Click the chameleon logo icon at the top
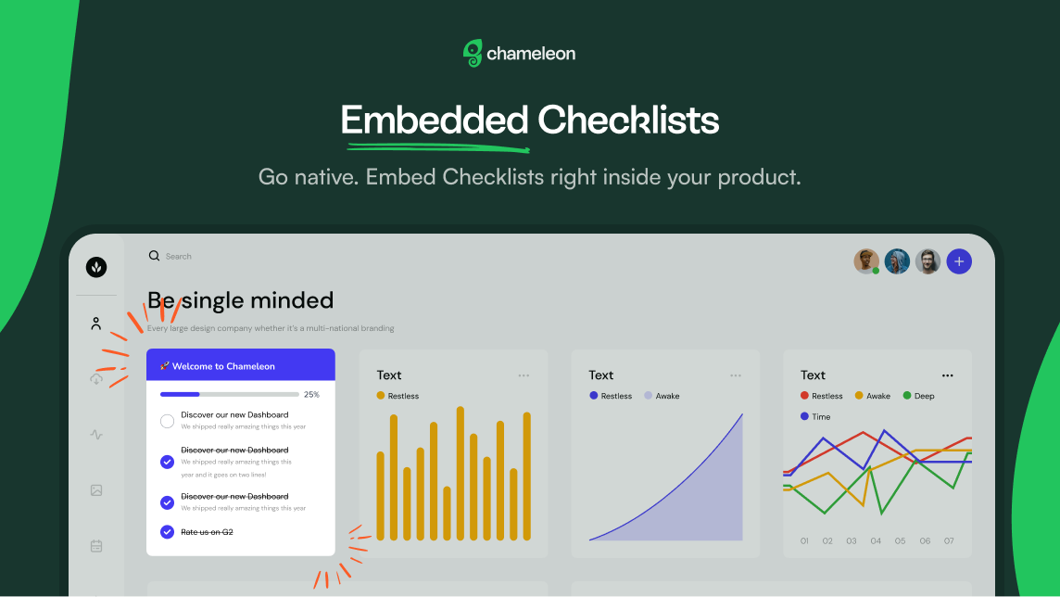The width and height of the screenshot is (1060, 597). [x=473, y=53]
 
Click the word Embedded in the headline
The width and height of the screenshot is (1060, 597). [x=434, y=121]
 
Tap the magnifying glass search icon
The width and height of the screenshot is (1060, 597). [x=154, y=256]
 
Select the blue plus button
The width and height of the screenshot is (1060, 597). [x=959, y=261]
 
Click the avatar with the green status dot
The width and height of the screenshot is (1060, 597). [x=866, y=261]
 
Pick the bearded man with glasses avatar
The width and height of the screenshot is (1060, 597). [x=927, y=261]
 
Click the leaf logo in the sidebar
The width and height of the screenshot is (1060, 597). [x=96, y=267]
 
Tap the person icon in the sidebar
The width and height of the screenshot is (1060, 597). [x=96, y=324]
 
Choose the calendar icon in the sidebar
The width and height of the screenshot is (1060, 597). [x=96, y=546]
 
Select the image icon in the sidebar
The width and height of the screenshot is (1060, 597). [x=96, y=490]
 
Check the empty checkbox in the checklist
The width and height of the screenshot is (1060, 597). [x=167, y=421]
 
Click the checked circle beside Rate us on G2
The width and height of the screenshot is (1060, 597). [x=167, y=532]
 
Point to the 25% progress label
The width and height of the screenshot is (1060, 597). [x=311, y=394]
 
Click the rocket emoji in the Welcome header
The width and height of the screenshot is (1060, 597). [x=164, y=366]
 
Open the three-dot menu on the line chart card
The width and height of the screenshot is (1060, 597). [x=947, y=375]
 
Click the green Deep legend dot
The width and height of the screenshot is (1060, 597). [x=907, y=396]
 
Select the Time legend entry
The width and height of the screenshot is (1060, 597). [x=815, y=416]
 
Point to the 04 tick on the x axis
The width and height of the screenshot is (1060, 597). [x=876, y=540]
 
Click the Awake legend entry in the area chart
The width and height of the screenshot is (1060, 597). [x=662, y=396]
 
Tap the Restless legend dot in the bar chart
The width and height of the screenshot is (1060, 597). [x=381, y=396]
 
